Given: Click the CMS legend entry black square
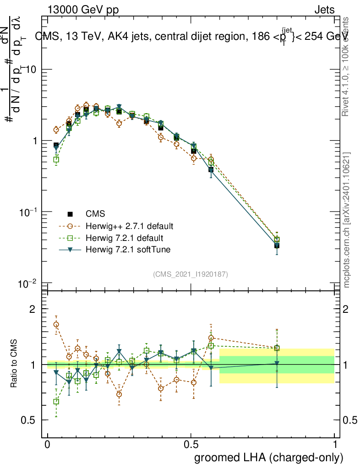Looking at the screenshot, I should (70, 213).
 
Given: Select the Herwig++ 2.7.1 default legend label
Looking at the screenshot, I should (129, 226).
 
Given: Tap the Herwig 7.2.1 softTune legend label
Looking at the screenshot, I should (123, 250).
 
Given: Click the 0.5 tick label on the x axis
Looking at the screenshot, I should (191, 445).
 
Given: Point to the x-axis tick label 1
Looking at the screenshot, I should (335, 445).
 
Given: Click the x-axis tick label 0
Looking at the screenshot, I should (48, 445).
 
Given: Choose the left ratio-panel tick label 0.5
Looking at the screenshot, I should (28, 420).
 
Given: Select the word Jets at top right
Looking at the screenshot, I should (324, 10).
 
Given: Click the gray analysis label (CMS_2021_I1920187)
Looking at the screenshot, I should (191, 274).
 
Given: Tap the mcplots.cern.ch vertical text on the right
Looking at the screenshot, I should (347, 220).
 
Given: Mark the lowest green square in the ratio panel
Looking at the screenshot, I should (56, 402).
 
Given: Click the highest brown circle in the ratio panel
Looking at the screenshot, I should (56, 324).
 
